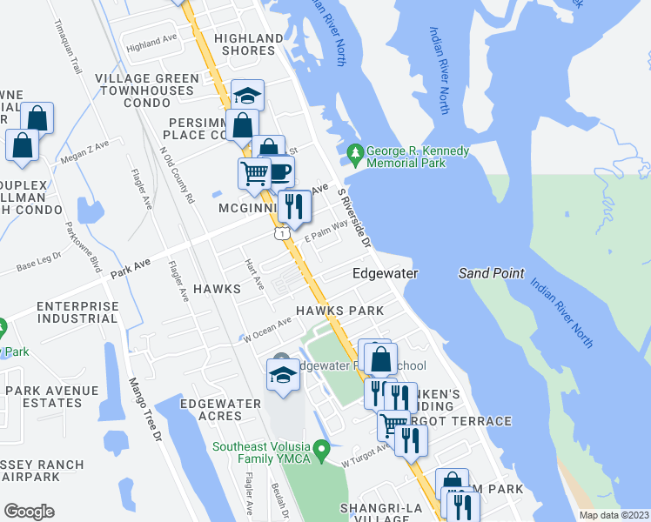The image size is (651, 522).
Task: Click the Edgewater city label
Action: coord(385,273)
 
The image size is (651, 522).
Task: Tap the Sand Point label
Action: coord(492,273)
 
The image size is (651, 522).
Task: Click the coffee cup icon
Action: coord(279,171)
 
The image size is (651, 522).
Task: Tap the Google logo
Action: coord(29,512)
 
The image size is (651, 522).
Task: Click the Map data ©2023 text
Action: coord(614,515)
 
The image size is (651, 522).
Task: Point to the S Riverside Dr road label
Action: coord(354,218)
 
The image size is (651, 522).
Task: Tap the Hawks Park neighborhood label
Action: coord(339,311)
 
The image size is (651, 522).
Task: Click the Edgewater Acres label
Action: coord(220,410)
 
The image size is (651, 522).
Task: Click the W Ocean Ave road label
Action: coord(267,330)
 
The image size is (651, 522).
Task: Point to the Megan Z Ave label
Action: coord(84,153)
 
